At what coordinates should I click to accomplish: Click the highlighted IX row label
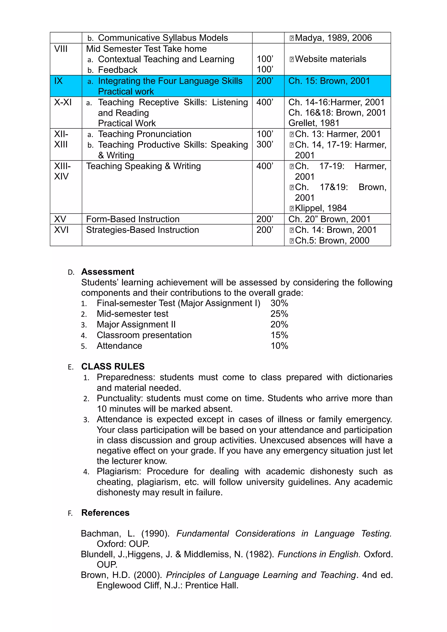coord(58,81)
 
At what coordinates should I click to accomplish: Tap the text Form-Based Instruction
coord(133,219)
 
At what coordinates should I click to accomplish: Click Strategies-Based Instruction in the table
coord(142,230)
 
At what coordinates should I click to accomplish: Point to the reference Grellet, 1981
coord(314,123)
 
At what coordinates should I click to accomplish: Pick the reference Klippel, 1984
coord(321,208)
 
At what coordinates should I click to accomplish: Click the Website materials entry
coord(330,59)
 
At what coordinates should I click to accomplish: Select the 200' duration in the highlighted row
coord(265,81)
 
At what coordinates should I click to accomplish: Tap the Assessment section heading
coord(108,272)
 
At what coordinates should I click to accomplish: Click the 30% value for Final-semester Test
coord(279,303)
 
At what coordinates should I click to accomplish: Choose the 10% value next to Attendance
coord(279,346)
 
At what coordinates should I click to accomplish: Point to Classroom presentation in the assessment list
coord(144,335)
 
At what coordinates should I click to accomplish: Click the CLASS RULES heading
coord(113,366)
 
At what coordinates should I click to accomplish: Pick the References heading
coord(105,512)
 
